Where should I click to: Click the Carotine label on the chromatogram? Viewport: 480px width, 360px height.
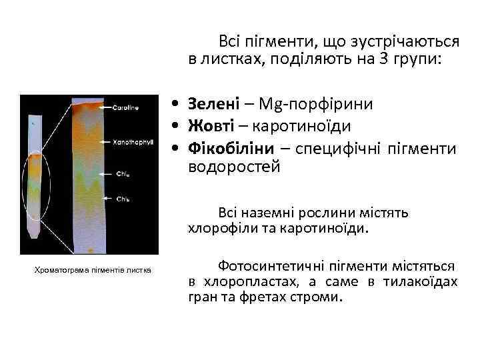[125, 107]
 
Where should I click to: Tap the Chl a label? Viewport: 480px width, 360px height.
[123, 175]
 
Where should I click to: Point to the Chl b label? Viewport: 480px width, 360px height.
[123, 199]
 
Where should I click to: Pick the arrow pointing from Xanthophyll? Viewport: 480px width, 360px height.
[105, 142]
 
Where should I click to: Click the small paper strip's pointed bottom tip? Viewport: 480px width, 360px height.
[34, 235]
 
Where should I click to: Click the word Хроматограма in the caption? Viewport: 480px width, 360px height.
[58, 269]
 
